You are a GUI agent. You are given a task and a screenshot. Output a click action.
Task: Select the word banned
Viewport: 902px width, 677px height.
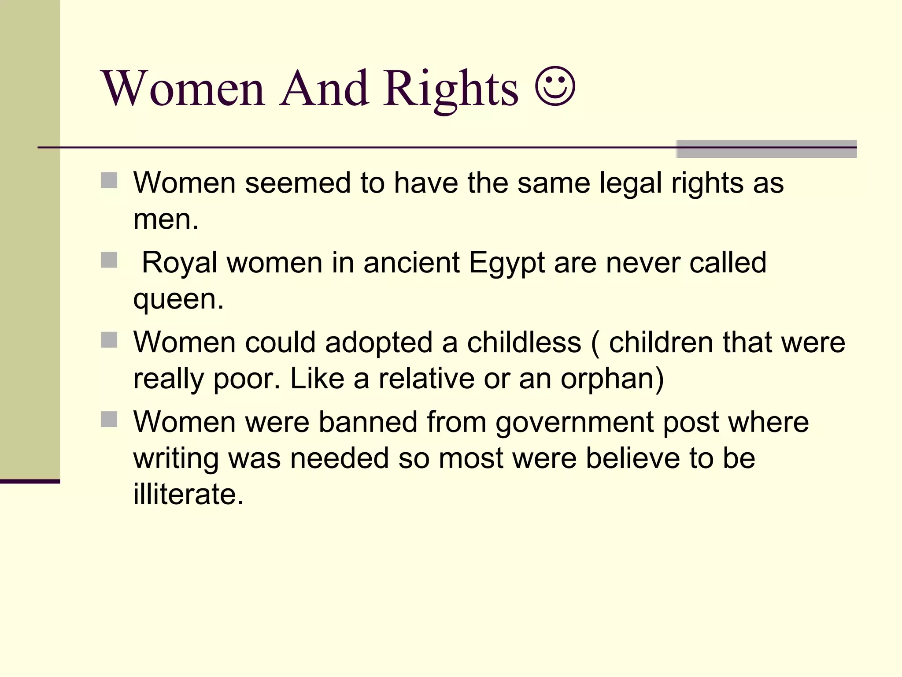pyautogui.click(x=368, y=422)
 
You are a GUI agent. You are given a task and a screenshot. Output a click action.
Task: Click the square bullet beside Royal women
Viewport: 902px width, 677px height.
pyautogui.click(x=109, y=260)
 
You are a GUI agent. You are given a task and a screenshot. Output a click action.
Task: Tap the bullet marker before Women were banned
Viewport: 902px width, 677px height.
pyautogui.click(x=109, y=420)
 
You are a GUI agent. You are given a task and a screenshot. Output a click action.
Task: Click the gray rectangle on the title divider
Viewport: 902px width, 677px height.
pyautogui.click(x=766, y=149)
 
